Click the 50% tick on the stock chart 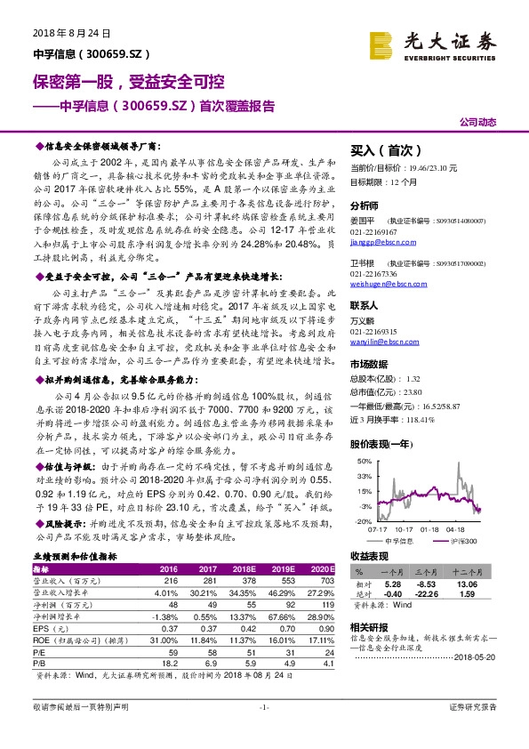click(364, 462)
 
